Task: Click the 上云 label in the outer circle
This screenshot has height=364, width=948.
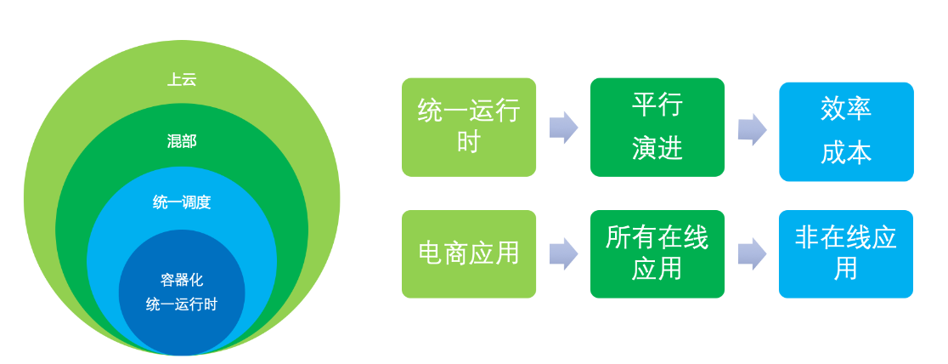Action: coord(182,80)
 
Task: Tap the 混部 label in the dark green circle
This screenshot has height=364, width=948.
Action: coord(182,142)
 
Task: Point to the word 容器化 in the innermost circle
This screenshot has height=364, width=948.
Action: coord(182,281)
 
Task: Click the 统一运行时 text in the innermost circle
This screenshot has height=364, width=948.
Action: coord(182,304)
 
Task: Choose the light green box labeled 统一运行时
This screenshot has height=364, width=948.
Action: coord(469,128)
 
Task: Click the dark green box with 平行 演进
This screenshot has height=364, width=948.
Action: coord(657,128)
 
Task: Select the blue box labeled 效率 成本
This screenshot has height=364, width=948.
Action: coord(846,132)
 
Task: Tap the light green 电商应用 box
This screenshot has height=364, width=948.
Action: coord(469,253)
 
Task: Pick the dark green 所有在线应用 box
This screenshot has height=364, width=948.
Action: coord(657,253)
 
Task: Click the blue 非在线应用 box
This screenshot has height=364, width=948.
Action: coord(846,253)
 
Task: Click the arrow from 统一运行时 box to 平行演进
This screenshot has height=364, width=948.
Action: coord(563,128)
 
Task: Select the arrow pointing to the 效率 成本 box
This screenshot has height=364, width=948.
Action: coord(752,129)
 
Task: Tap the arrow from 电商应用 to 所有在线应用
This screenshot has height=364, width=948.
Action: coord(563,253)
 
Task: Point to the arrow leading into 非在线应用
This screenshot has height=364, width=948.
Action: coord(752,253)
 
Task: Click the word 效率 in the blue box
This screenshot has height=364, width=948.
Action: coord(846,108)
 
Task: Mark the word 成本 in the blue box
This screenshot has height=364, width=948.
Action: coord(846,154)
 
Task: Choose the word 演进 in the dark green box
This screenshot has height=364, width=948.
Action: coord(657,149)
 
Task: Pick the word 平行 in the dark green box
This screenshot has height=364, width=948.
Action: coord(657,104)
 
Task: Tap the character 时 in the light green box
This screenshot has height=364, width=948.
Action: coord(469,142)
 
